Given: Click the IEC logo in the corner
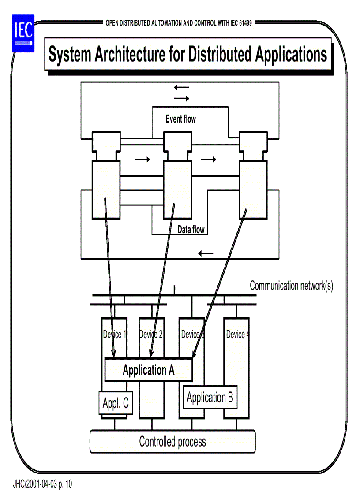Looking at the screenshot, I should (22, 32).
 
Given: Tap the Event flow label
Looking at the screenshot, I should (180, 119).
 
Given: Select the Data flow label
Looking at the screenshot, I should (191, 230).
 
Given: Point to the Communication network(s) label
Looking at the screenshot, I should (291, 286).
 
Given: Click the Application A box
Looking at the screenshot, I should (148, 370).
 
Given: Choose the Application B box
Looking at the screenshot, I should (210, 397).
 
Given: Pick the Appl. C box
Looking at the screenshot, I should (116, 403).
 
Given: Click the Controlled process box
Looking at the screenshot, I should (172, 441).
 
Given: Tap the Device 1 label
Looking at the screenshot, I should (114, 335).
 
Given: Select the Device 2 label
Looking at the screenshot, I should (151, 335).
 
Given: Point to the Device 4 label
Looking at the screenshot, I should (237, 335).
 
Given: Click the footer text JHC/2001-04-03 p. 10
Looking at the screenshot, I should (43, 484).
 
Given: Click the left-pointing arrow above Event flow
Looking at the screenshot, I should (181, 88).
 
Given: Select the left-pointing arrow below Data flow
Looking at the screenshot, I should (206, 253).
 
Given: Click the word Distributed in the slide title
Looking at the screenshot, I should (220, 55).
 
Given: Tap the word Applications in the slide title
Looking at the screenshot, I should (291, 55).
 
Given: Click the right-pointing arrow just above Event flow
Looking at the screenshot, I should (181, 99).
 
